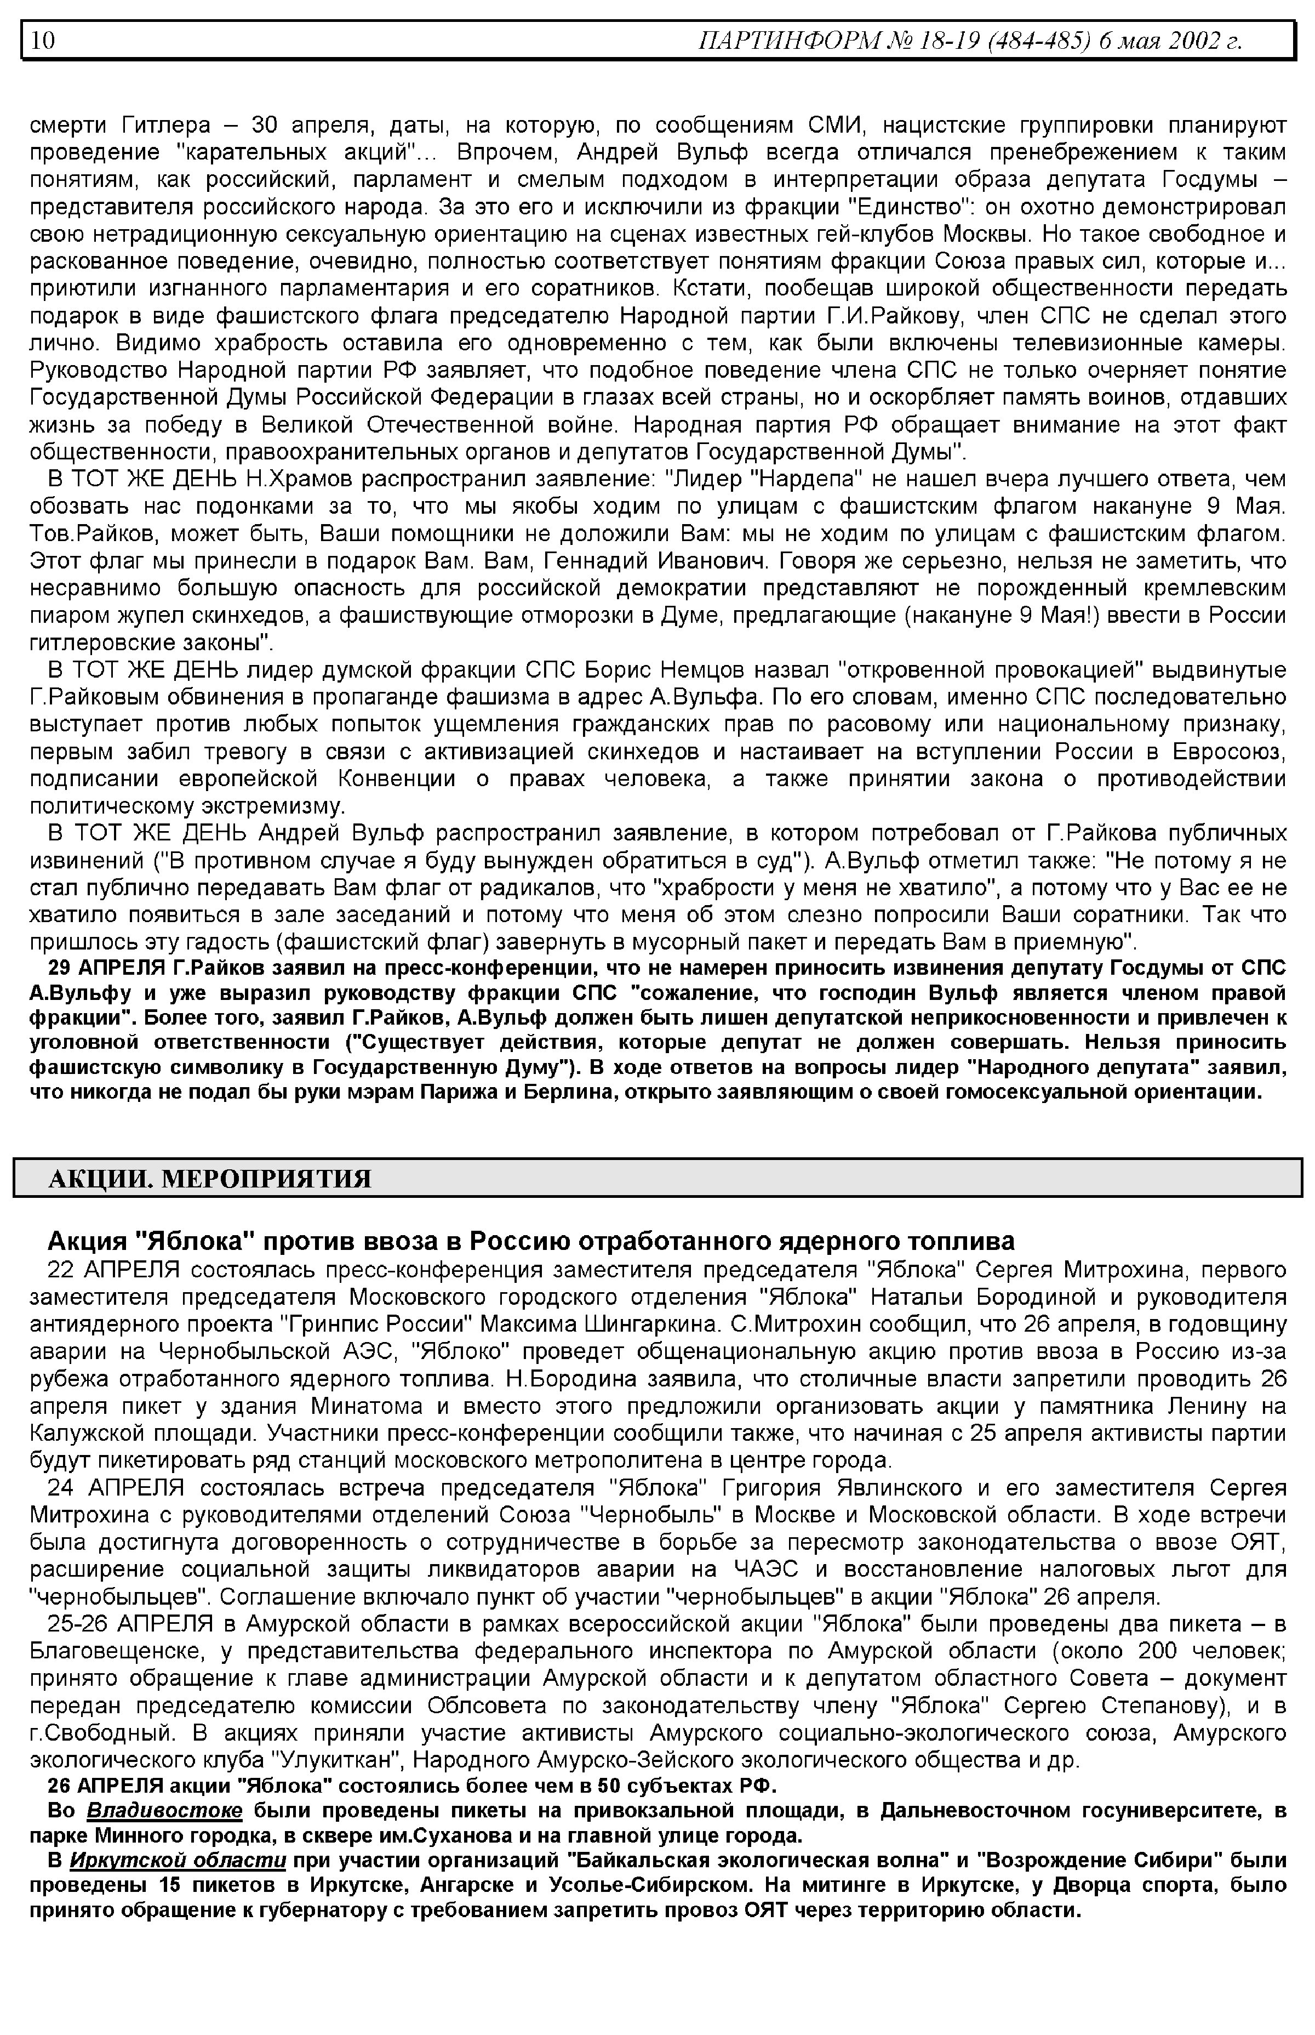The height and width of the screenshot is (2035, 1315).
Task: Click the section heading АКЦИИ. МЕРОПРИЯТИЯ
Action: point(210,1179)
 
